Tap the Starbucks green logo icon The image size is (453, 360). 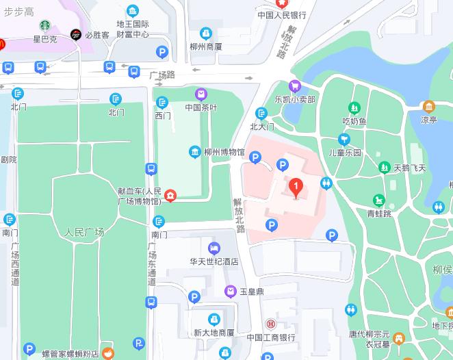tap(46, 26)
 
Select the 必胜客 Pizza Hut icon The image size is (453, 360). tap(75, 34)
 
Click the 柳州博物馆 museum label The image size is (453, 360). tap(224, 152)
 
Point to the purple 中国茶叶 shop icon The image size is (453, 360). tap(200, 94)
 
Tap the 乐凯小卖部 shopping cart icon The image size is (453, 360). tap(295, 86)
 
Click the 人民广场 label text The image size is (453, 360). tap(84, 232)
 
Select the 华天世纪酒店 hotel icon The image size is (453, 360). tap(214, 247)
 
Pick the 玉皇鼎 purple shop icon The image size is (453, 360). tap(231, 292)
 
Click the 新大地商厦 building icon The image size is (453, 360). tap(214, 319)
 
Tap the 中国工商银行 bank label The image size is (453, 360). tap(271, 337)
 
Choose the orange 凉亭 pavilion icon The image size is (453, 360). tap(428, 106)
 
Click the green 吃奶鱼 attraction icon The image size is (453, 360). tap(354, 107)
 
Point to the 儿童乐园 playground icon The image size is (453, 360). tap(344, 139)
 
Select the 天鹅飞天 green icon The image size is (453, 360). tap(385, 168)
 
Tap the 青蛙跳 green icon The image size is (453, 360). tap(378, 200)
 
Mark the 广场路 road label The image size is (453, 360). tap(162, 74)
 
